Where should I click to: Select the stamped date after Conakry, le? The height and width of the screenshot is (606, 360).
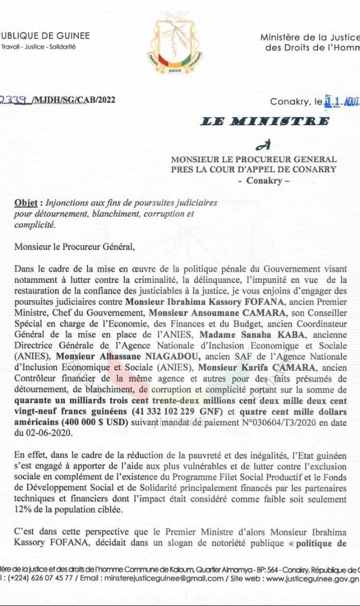(x=342, y=102)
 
